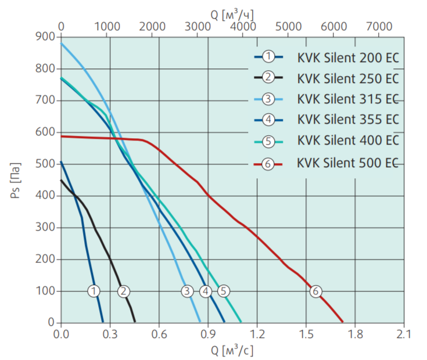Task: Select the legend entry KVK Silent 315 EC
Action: [x=347, y=99]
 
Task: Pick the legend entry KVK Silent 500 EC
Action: [x=347, y=164]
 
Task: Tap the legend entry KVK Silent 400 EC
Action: [x=347, y=141]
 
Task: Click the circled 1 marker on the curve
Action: [x=94, y=291]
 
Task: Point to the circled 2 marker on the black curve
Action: [x=123, y=291]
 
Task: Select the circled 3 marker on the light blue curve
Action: [x=186, y=291]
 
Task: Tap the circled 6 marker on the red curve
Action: [x=315, y=291]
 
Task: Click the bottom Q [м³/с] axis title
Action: [x=232, y=350]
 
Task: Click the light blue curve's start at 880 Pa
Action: [x=61, y=43]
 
